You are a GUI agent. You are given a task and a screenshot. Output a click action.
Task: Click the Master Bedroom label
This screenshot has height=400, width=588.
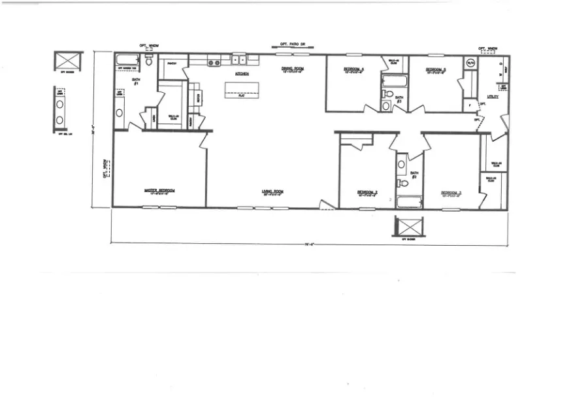point(159,192)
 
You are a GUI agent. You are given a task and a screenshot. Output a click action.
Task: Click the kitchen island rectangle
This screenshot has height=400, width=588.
point(242,90)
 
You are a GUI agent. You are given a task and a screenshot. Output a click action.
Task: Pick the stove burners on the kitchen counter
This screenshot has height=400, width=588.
point(214,63)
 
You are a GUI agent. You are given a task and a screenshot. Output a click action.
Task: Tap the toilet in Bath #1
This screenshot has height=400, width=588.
point(149,62)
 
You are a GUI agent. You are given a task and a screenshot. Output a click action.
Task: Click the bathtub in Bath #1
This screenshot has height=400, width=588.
point(127,61)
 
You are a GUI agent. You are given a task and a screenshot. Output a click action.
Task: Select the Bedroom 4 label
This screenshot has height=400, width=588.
point(355,69)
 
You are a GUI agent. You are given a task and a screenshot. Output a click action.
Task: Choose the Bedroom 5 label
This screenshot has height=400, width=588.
point(436,69)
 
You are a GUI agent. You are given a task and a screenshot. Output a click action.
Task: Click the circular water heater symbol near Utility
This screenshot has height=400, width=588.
point(470,63)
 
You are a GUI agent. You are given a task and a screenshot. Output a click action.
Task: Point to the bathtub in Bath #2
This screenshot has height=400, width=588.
point(410,201)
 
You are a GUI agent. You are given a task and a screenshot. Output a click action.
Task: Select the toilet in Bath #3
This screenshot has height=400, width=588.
point(386,105)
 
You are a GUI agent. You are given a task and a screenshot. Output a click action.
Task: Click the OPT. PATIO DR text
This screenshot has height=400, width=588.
point(292,44)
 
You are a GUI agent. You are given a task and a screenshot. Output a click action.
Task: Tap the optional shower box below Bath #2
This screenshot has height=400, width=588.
point(410,227)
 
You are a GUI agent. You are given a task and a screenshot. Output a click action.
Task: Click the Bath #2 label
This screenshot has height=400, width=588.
point(414,175)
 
